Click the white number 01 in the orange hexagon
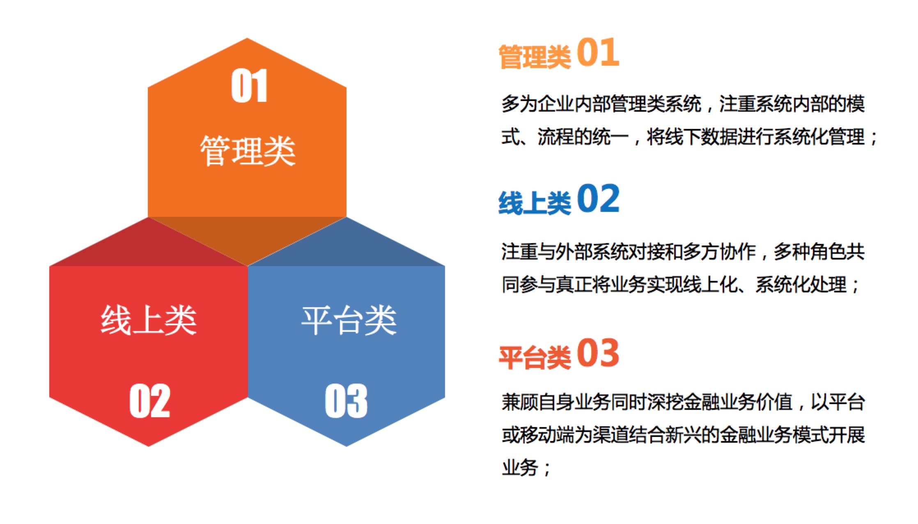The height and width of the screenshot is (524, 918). (x=249, y=86)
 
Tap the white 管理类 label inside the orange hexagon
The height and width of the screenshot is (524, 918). (x=248, y=151)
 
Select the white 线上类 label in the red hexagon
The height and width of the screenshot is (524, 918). (x=149, y=320)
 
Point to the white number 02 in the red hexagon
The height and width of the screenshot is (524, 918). (x=149, y=401)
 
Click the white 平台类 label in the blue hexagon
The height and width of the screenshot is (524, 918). (x=349, y=320)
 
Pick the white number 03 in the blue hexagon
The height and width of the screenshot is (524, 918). (x=346, y=401)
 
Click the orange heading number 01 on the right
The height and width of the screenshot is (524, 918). (x=598, y=52)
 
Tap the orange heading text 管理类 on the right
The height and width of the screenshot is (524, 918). (x=535, y=57)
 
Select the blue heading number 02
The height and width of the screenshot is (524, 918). (x=598, y=199)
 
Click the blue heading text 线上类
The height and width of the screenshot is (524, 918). (x=535, y=203)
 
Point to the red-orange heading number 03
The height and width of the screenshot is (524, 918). (x=598, y=353)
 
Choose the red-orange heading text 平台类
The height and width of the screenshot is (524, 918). (x=535, y=357)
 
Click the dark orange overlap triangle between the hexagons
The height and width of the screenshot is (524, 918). (x=248, y=236)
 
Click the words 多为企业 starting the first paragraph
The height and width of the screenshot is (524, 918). (x=537, y=104)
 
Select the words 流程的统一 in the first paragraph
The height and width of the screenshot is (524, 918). (x=583, y=137)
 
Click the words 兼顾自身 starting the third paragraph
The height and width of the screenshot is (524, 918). (x=537, y=402)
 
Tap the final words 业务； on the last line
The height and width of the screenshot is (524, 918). (x=526, y=468)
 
